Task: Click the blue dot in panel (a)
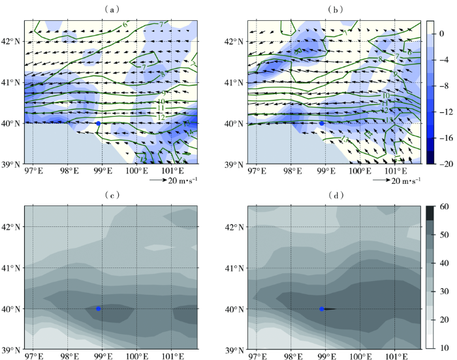coord(98,123)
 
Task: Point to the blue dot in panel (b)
coord(321,123)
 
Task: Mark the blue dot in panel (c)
coord(98,308)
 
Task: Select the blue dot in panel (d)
coord(321,308)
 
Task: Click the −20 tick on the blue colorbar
coord(443,164)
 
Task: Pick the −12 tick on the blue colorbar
coord(443,104)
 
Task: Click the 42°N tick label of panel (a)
coord(12,41)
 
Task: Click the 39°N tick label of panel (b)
coord(235,164)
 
